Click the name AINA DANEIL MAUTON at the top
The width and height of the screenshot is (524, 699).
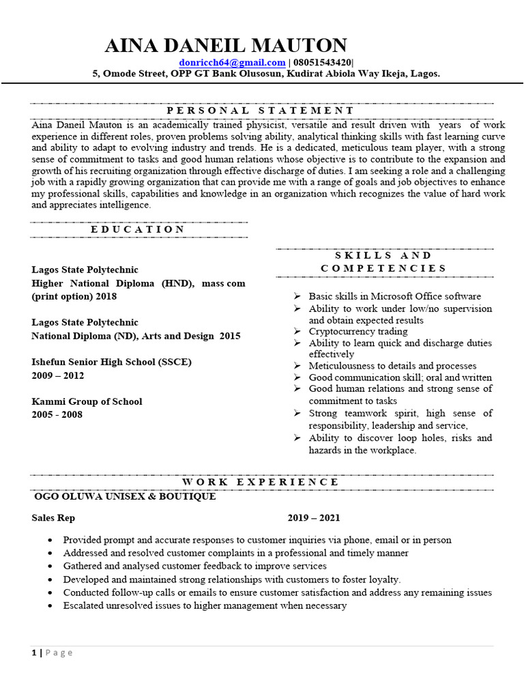tap(226, 46)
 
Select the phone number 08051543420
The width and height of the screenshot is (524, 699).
tap(323, 62)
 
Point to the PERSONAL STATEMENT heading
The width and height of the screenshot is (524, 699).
tap(261, 111)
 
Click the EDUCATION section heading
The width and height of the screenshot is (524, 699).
tap(138, 229)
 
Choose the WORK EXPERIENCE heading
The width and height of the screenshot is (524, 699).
tap(261, 482)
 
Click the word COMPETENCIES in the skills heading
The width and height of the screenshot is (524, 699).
tap(383, 268)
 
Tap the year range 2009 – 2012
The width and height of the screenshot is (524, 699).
tap(57, 375)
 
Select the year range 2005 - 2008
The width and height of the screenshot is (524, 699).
tap(57, 414)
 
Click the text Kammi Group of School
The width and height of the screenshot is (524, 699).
tap(87, 401)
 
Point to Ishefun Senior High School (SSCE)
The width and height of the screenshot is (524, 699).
tap(112, 362)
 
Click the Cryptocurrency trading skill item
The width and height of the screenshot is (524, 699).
tap(358, 331)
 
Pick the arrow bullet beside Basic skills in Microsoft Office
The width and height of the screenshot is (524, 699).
tap(297, 296)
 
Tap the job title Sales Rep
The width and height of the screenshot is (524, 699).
tap(53, 518)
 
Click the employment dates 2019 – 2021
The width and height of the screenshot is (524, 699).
tap(313, 518)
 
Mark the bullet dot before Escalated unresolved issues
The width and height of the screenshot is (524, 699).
tap(51, 606)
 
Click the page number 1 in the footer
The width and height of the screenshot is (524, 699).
tap(34, 653)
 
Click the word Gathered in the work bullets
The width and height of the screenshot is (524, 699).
tap(82, 566)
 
